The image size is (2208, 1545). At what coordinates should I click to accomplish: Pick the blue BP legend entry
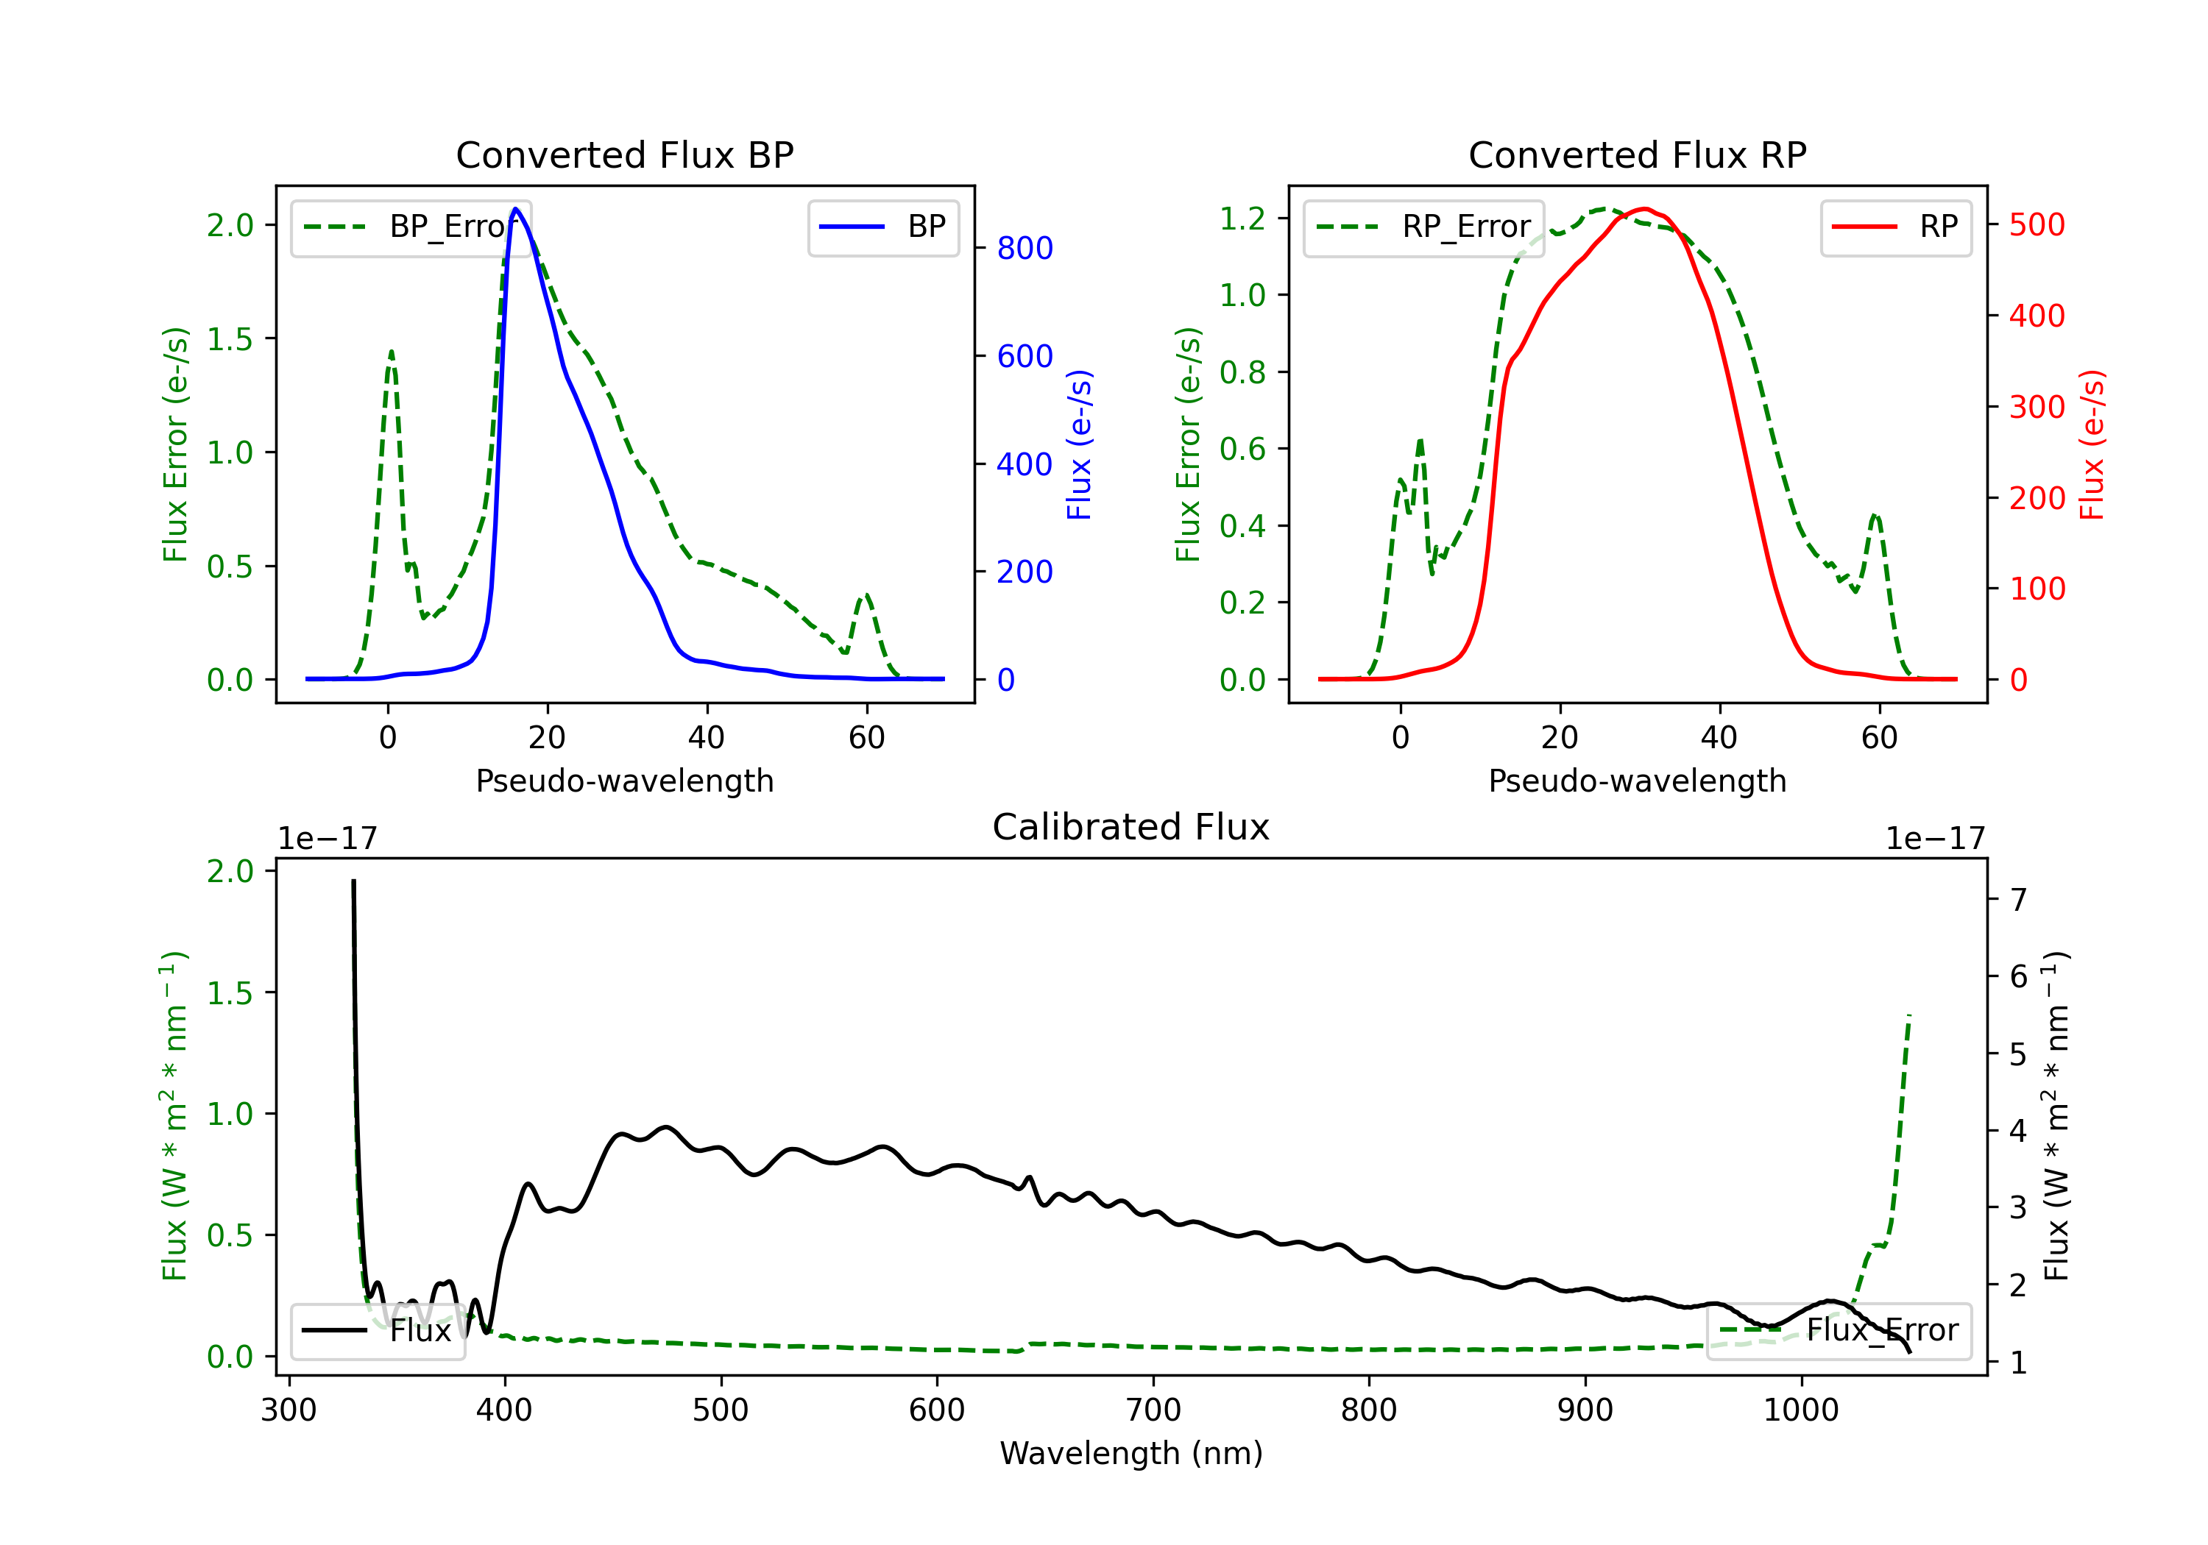click(x=882, y=228)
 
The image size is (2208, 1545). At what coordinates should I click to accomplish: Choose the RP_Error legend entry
click(x=1423, y=228)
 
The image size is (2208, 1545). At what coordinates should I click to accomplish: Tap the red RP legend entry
click(x=1895, y=228)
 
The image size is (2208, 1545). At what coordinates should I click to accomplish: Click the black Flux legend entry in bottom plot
click(x=378, y=1332)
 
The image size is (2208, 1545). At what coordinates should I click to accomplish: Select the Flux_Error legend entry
click(x=1839, y=1331)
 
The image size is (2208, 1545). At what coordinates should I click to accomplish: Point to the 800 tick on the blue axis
click(x=1025, y=249)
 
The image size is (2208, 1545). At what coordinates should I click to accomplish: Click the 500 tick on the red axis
click(x=2037, y=226)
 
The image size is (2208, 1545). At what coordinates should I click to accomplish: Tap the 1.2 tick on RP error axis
click(x=1242, y=219)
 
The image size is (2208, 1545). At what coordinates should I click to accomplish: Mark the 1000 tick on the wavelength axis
click(x=1800, y=1411)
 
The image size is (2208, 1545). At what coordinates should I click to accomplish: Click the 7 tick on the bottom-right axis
click(x=2019, y=901)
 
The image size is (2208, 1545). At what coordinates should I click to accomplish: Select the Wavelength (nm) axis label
click(x=1131, y=1454)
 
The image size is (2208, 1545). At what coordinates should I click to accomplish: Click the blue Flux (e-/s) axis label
click(x=1080, y=445)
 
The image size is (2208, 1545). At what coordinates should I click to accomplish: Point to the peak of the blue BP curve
click(x=517, y=209)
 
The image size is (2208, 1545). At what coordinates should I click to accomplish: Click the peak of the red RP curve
click(x=1646, y=209)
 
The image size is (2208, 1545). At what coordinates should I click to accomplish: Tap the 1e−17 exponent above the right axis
click(x=1935, y=839)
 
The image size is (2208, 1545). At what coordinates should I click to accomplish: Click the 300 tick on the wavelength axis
click(x=289, y=1411)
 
